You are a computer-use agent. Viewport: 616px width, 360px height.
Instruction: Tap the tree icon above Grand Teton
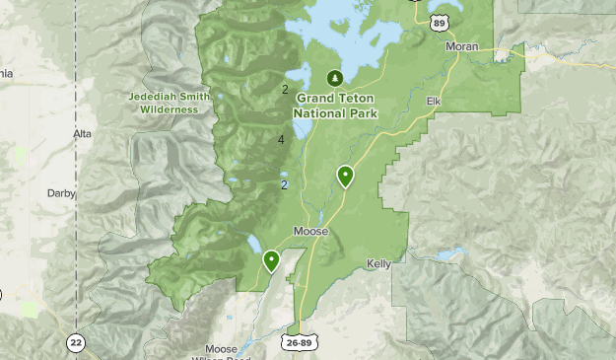tap(335, 78)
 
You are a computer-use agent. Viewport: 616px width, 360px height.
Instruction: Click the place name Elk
tap(433, 101)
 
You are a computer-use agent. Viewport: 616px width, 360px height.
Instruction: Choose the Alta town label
tap(82, 133)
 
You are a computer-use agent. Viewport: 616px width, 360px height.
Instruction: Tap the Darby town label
tap(61, 194)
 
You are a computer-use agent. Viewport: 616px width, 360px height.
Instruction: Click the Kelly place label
tap(378, 264)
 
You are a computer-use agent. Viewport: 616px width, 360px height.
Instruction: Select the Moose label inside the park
tap(309, 233)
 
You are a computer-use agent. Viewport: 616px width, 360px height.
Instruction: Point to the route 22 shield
tap(76, 342)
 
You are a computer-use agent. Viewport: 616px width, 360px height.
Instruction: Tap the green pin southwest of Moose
tap(270, 259)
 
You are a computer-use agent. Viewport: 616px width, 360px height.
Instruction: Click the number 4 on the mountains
tap(282, 140)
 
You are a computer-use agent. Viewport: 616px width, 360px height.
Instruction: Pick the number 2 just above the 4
tap(285, 90)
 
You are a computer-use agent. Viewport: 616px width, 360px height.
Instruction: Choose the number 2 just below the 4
tap(284, 184)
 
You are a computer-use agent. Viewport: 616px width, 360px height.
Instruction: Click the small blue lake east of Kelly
tap(450, 254)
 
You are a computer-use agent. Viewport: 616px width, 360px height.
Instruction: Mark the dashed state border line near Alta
tap(75, 108)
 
